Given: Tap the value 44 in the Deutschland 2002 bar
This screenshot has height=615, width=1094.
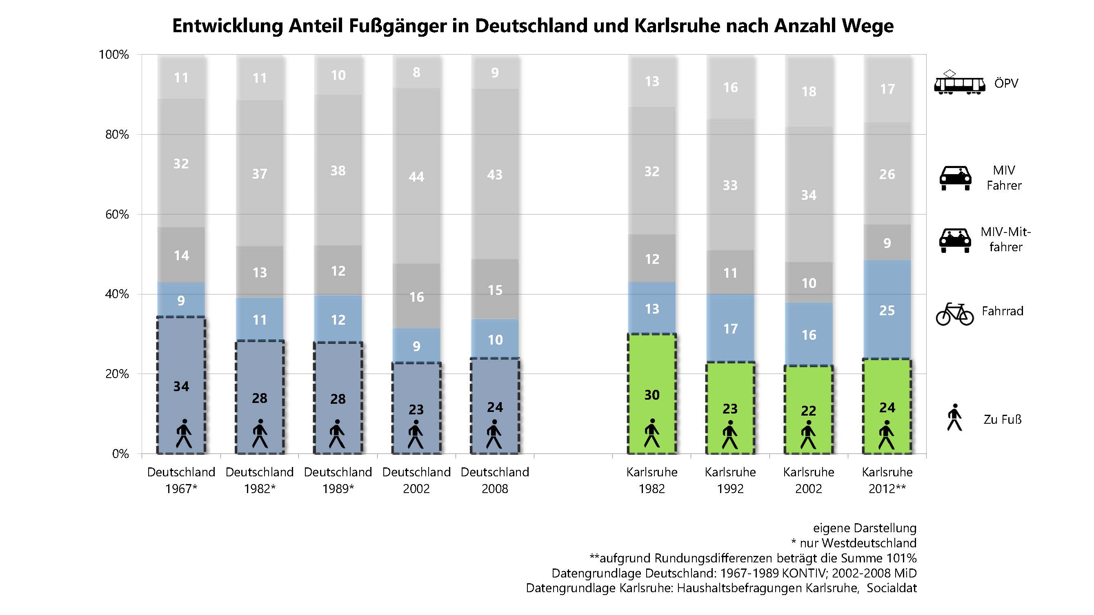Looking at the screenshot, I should (416, 177).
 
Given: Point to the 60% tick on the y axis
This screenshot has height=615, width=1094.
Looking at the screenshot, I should (117, 215).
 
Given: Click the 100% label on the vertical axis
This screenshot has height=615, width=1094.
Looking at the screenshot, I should (114, 55).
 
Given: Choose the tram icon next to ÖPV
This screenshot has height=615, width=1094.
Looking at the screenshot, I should (959, 83).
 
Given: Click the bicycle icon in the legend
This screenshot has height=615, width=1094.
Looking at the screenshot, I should (954, 314).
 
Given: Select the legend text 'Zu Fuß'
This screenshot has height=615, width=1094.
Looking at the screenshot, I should (1002, 419).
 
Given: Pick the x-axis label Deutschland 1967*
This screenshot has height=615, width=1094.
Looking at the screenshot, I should (181, 480).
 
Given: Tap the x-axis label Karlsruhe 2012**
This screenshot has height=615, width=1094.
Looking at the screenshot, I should (887, 480).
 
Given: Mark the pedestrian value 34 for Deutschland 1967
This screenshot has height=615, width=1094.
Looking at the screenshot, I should (181, 386).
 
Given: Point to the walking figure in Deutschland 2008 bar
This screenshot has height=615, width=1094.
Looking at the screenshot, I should (494, 434).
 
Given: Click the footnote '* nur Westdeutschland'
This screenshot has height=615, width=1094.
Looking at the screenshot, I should (853, 543).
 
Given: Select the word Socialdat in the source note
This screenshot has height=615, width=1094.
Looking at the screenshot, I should (892, 588).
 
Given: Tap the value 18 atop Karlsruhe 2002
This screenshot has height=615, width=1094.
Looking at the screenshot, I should (809, 91).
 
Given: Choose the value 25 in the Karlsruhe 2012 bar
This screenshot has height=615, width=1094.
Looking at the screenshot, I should (887, 310).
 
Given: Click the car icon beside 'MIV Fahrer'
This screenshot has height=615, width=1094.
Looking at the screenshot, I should (955, 178).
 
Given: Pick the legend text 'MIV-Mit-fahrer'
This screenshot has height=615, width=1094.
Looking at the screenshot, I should (1005, 239).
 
